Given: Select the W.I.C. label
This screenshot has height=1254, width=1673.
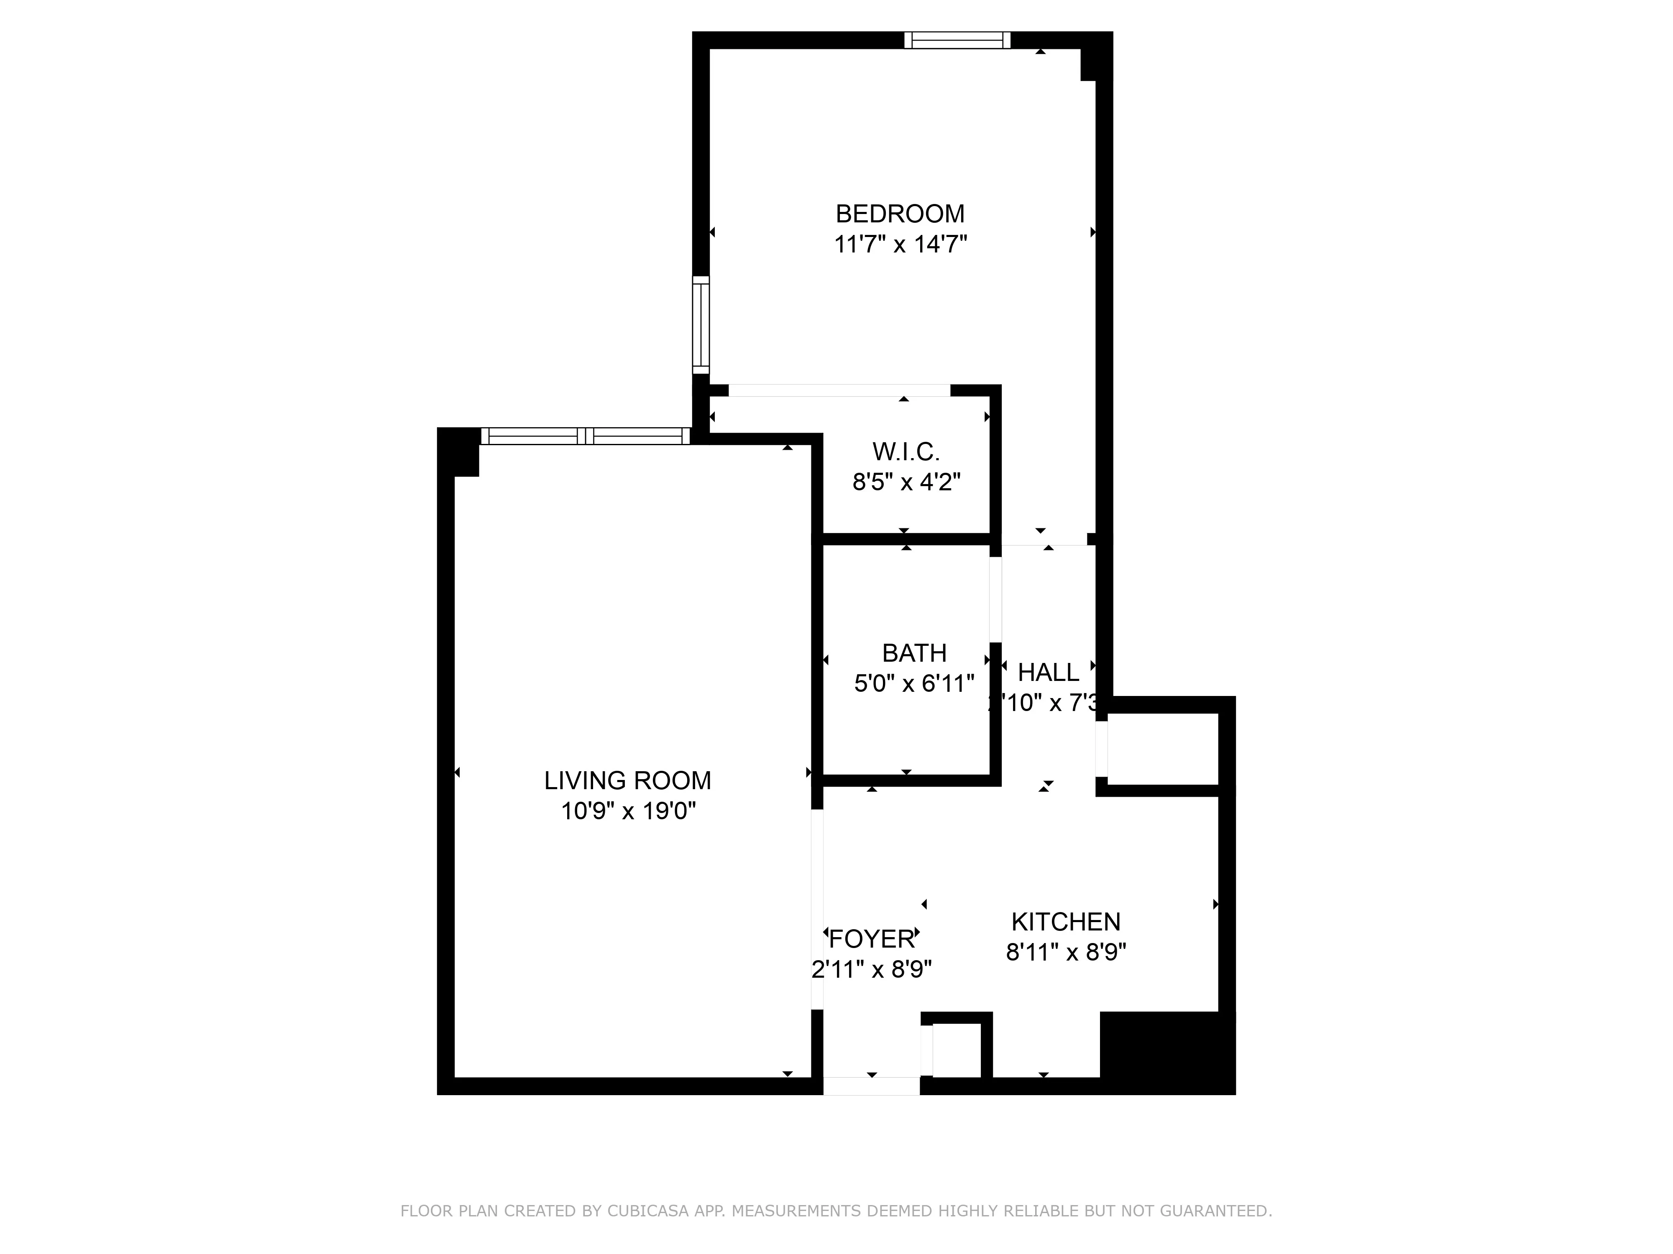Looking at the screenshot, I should (x=906, y=452).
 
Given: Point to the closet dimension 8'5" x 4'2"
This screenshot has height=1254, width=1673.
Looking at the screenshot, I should (x=906, y=482).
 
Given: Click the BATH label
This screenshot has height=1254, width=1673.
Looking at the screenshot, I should (x=913, y=653).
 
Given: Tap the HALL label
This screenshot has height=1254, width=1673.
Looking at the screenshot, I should (x=1048, y=672).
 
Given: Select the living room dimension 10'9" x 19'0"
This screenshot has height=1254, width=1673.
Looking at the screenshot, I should (x=628, y=811).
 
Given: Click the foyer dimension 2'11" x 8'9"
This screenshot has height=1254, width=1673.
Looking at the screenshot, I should (x=871, y=969).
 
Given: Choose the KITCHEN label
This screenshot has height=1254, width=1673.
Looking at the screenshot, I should (x=1066, y=921).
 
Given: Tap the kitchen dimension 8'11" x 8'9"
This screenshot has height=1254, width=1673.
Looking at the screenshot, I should (x=1066, y=952).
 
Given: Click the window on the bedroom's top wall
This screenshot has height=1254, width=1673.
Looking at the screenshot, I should (x=957, y=40).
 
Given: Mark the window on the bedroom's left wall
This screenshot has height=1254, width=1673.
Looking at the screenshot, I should (x=701, y=325).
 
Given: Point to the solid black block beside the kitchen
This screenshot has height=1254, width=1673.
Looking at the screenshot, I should (x=1167, y=1052).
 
